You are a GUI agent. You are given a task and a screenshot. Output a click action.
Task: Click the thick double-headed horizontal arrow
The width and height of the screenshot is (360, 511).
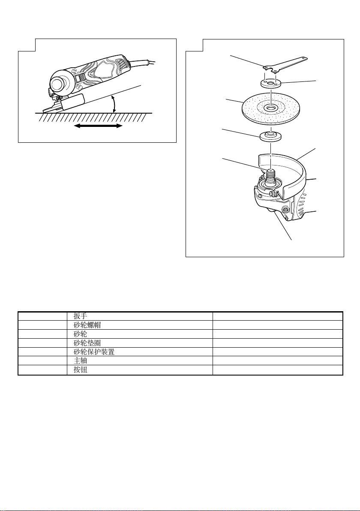point(98,126)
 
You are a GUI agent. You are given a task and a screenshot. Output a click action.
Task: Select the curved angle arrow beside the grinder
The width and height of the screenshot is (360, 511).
point(113,105)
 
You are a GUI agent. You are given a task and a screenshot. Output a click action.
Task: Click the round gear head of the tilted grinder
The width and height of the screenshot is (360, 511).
point(60,81)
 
